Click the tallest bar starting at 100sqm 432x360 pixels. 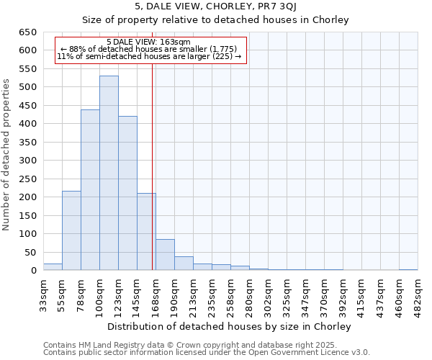[x=109, y=173]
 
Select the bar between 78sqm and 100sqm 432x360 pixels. [x=90, y=190]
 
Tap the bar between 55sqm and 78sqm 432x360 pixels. [x=71, y=230]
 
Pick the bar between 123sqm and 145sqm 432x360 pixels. [x=127, y=193]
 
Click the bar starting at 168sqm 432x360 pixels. [x=165, y=255]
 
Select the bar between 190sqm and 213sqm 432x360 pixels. [x=184, y=264]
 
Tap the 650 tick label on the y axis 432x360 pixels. [x=28, y=32]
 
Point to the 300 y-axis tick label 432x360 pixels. [x=28, y=161]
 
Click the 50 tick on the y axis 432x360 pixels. [x=31, y=252]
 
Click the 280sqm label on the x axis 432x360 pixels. [x=249, y=294]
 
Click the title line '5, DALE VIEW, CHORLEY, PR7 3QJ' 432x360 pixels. [x=215, y=7]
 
